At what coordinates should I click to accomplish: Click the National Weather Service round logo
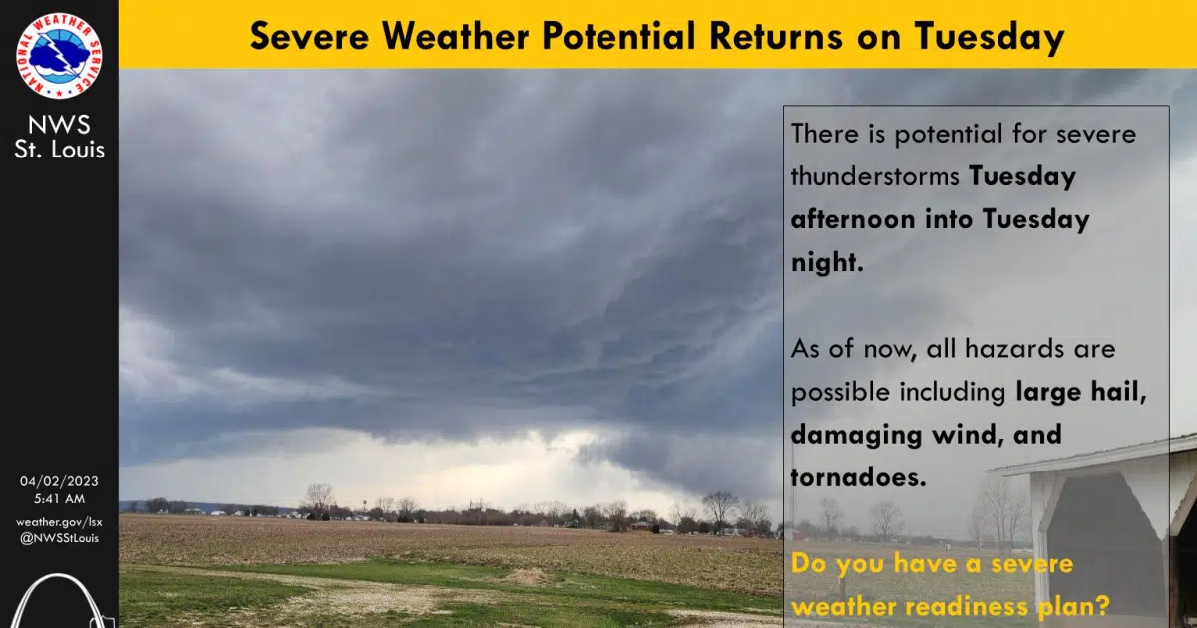(59, 56)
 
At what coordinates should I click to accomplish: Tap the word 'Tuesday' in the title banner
(989, 36)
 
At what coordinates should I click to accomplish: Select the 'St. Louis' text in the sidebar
(60, 150)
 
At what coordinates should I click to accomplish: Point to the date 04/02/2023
(59, 481)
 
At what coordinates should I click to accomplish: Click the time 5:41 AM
(59, 498)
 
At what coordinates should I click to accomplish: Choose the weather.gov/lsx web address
(59, 521)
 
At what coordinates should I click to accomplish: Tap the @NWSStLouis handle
(59, 538)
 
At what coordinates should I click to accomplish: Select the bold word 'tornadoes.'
(858, 477)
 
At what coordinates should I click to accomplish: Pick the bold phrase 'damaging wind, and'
(926, 435)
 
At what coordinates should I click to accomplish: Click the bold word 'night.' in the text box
(826, 262)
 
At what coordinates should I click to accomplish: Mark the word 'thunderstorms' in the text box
(876, 176)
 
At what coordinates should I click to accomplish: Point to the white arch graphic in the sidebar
(55, 603)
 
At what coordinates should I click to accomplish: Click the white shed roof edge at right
(1087, 455)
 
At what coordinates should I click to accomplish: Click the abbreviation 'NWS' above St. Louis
(60, 125)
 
